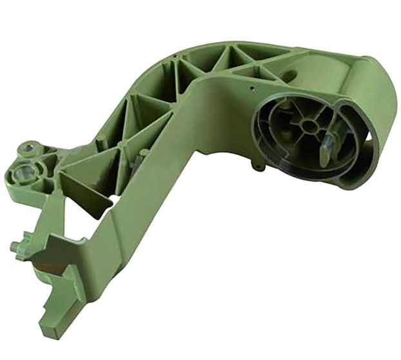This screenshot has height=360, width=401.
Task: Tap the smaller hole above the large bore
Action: point(29,150)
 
